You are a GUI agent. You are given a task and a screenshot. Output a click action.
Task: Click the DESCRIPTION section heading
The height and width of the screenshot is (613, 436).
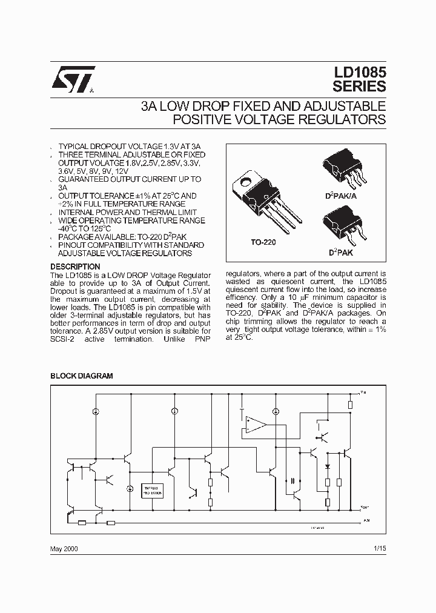pyautogui.click(x=75, y=267)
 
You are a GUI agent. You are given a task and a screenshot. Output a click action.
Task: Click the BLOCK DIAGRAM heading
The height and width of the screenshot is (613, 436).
pyautogui.click(x=81, y=376)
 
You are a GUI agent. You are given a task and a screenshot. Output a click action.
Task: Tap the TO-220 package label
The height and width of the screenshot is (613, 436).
pyautogui.click(x=263, y=242)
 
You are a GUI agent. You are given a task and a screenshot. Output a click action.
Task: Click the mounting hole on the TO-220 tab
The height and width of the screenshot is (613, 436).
pyautogui.click(x=246, y=181)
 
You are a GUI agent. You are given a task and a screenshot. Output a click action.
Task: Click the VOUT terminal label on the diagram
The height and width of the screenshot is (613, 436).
pyautogui.click(x=364, y=507)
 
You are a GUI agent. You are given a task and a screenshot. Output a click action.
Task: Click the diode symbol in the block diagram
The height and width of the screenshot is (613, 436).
pyautogui.click(x=327, y=466)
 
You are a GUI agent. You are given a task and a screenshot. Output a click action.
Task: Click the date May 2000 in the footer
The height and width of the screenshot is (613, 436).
pyautogui.click(x=64, y=549)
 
